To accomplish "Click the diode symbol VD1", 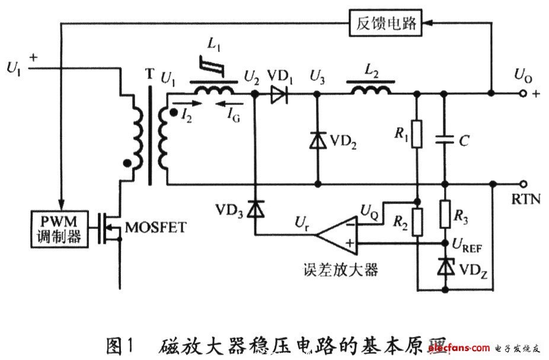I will tap(277, 94).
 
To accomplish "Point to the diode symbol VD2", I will tap(318, 141).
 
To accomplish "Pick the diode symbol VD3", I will tap(255, 208).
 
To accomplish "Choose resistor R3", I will tap(445, 214).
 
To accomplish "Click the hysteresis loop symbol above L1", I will tap(212, 66).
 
